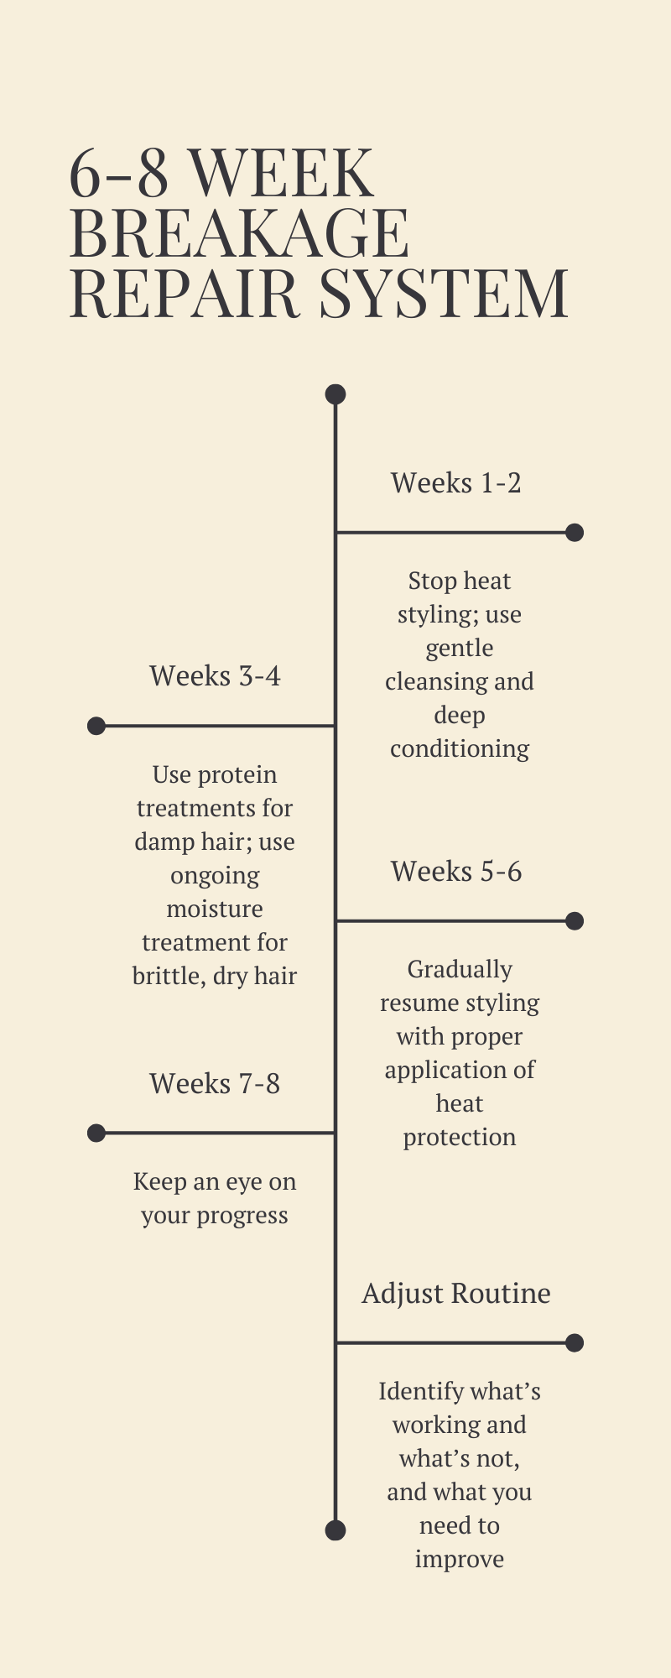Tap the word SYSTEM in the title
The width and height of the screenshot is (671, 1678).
click(445, 293)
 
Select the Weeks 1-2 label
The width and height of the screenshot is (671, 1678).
click(455, 483)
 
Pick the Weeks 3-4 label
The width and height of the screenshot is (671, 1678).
click(215, 676)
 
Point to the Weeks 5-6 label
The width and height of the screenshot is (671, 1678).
click(455, 872)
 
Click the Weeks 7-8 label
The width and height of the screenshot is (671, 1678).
click(215, 1084)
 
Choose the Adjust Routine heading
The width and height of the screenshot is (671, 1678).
click(455, 1294)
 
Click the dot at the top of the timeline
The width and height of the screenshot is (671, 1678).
click(335, 394)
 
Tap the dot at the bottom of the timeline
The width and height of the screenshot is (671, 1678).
click(335, 1530)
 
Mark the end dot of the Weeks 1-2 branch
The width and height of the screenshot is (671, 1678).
click(575, 532)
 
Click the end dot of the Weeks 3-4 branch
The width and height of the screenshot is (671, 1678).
click(96, 726)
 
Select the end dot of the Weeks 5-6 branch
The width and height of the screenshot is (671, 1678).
click(575, 921)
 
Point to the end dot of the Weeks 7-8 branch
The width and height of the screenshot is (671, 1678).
click(96, 1133)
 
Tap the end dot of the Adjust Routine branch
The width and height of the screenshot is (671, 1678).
click(575, 1343)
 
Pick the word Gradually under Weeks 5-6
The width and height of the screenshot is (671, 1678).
click(460, 970)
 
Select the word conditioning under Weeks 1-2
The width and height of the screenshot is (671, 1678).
click(460, 748)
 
